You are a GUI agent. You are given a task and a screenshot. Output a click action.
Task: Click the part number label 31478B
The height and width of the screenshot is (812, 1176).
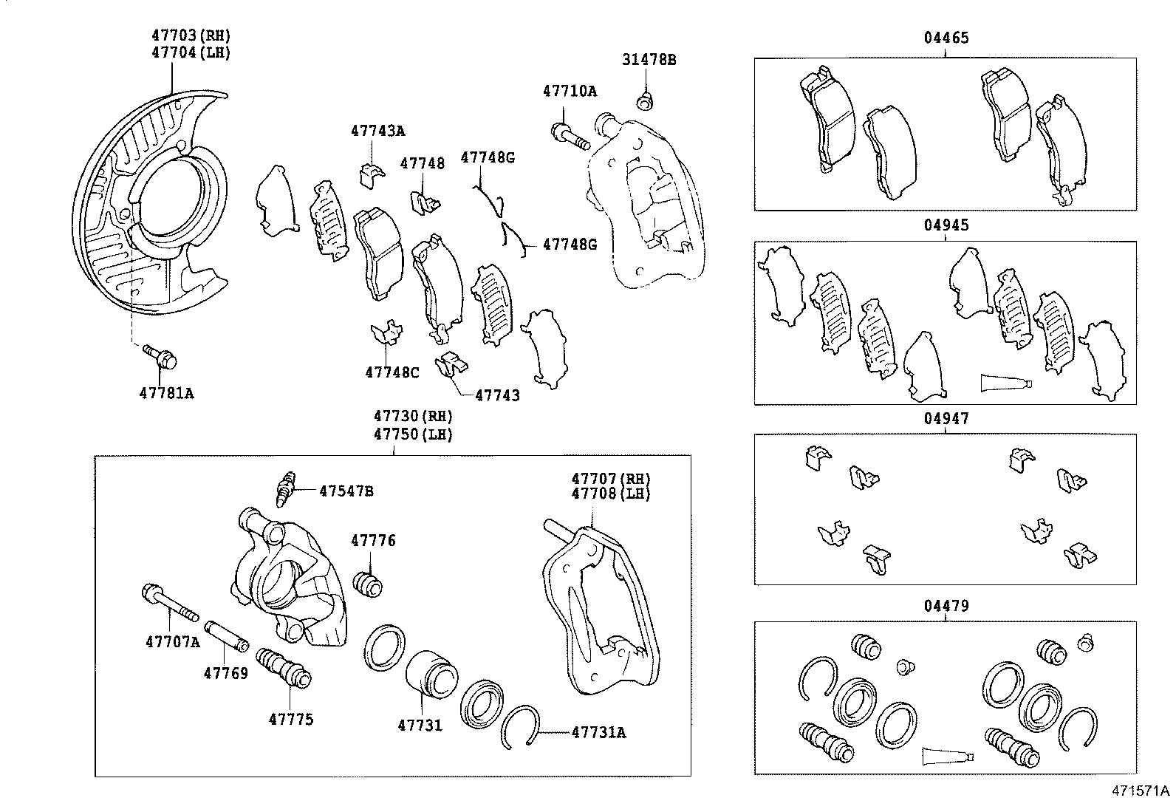[647, 59]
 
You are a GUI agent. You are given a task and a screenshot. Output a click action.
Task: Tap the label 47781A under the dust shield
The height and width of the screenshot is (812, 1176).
[166, 393]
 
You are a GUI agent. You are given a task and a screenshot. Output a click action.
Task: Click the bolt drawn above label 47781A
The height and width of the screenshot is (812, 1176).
[161, 356]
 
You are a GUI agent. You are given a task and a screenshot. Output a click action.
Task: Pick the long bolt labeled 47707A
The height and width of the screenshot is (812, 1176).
[169, 603]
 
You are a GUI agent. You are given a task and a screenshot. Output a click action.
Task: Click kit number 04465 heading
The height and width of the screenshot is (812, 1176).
[945, 38]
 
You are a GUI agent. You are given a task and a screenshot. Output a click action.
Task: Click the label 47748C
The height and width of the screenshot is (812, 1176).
[392, 372]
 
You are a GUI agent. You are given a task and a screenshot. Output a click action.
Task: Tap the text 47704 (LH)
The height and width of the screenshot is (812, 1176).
[191, 52]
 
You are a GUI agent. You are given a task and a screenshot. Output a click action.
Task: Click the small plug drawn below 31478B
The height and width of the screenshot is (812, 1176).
[645, 99]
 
